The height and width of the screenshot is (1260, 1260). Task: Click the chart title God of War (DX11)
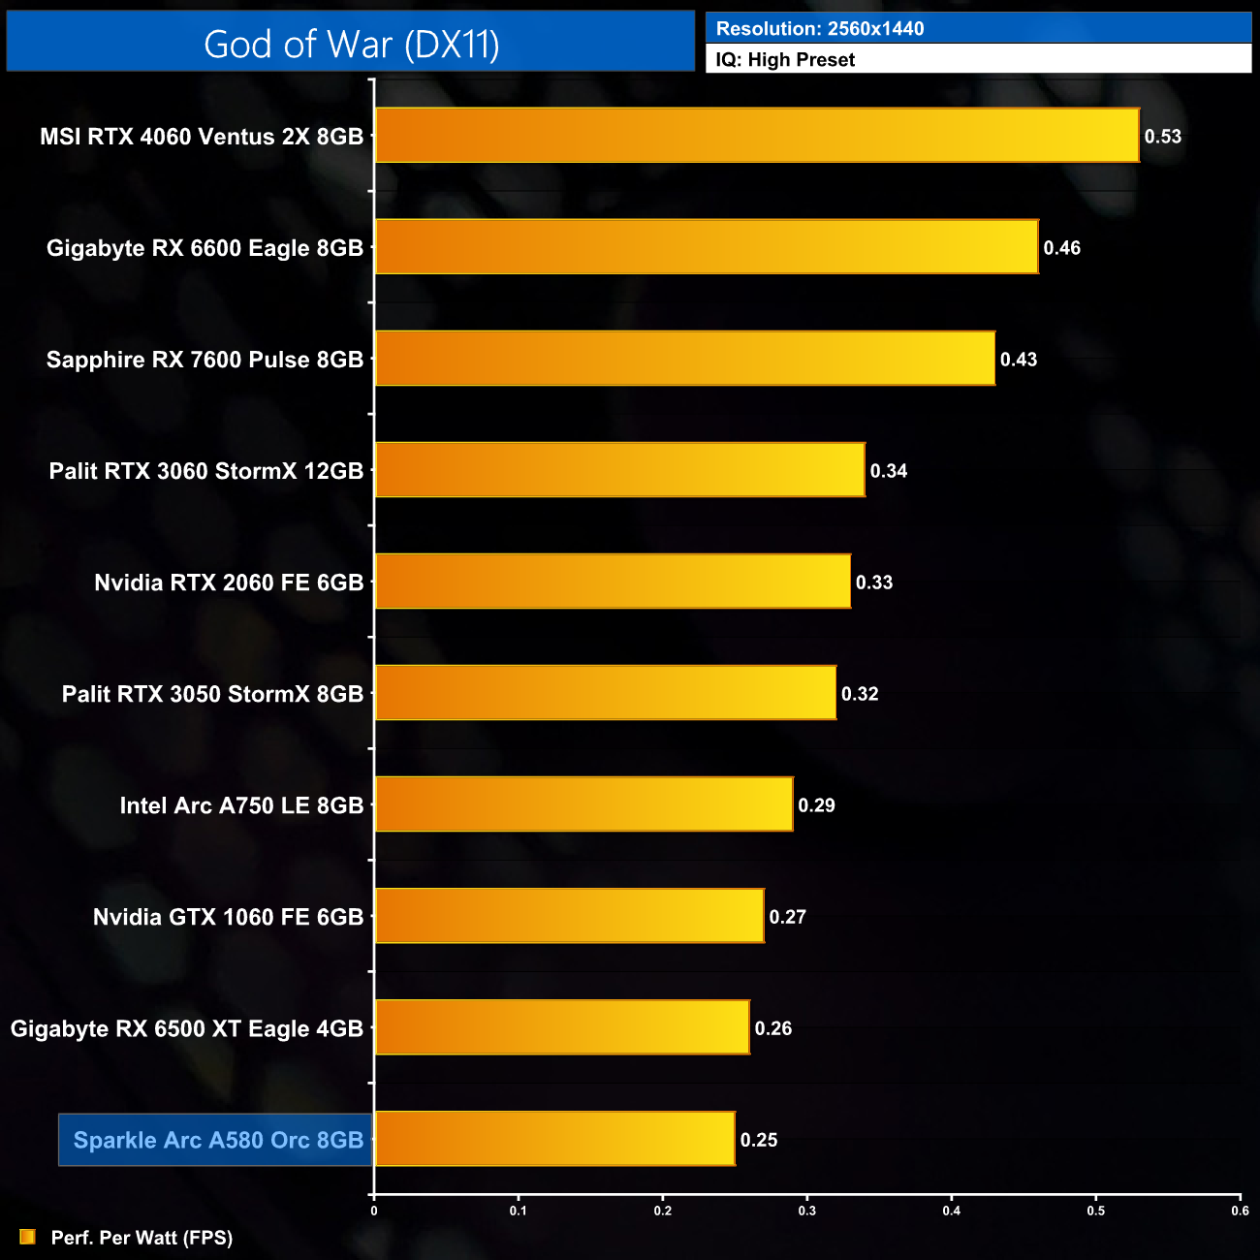point(351,45)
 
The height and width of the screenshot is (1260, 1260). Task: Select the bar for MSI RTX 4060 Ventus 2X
point(756,136)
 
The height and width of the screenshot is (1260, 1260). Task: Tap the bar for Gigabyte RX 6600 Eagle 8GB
point(706,247)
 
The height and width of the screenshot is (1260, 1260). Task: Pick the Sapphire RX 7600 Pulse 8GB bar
point(684,359)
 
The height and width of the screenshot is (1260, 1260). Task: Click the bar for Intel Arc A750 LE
point(583,804)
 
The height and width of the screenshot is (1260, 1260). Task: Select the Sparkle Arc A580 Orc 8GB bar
point(554,1139)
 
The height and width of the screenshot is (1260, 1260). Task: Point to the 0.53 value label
point(1162,137)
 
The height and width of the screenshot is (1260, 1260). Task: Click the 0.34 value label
point(888,471)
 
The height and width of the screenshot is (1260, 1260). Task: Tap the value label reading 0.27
point(787,917)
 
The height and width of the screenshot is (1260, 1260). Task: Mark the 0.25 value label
point(759,1140)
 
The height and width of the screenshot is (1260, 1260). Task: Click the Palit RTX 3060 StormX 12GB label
point(206,471)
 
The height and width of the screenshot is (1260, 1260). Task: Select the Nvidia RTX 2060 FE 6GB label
point(229,583)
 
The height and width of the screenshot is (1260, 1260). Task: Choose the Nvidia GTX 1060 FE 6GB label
point(228,917)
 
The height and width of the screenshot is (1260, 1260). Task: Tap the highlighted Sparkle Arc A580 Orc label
point(218,1140)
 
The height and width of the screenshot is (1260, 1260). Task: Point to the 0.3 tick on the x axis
point(807,1211)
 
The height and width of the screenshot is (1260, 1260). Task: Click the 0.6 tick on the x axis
point(1240,1211)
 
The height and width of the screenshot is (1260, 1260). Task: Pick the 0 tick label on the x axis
point(374,1211)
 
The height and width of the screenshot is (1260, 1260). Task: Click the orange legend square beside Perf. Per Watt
point(27,1237)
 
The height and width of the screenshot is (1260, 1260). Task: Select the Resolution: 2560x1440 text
point(820,29)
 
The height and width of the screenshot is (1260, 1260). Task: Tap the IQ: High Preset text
point(785,60)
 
